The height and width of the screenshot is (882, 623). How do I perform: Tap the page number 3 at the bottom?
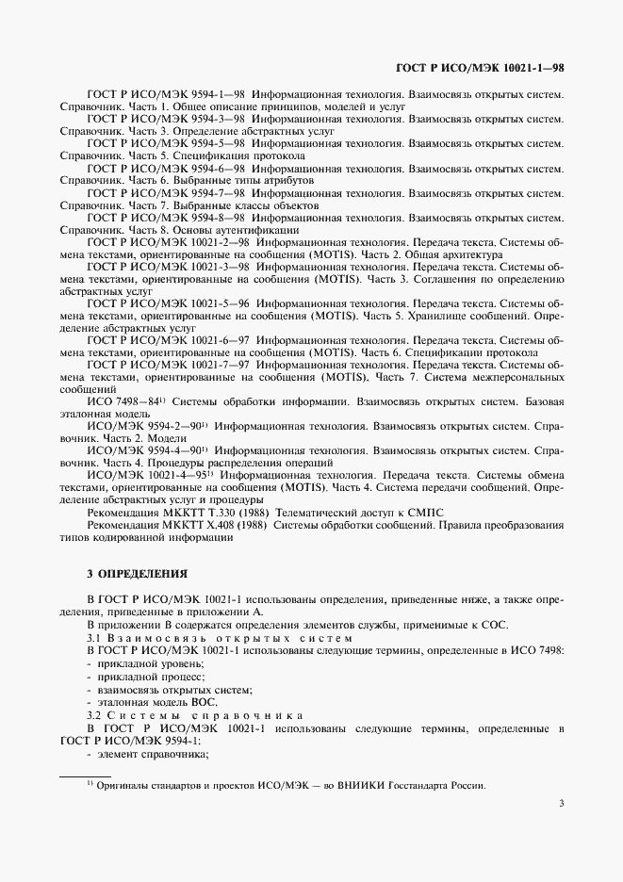(561, 831)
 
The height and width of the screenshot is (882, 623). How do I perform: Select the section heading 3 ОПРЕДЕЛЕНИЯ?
(137, 572)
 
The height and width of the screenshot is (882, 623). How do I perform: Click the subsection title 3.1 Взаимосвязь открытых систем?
(220, 639)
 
